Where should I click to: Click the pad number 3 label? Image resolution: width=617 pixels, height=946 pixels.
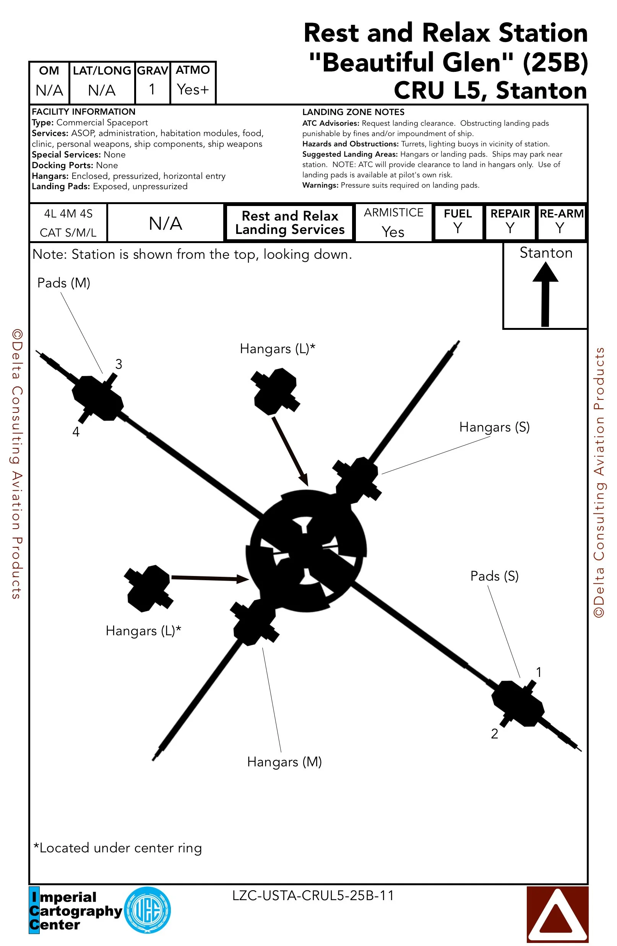tap(119, 364)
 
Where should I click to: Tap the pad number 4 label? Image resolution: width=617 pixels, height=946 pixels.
tap(76, 432)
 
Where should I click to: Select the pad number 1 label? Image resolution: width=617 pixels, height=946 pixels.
tap(538, 672)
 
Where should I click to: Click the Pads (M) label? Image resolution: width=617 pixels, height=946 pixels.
tap(63, 283)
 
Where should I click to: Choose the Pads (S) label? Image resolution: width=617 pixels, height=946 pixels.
tap(494, 576)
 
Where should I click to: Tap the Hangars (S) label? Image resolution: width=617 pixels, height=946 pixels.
tap(494, 427)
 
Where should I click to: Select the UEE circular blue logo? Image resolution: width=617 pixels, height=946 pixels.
tap(148, 910)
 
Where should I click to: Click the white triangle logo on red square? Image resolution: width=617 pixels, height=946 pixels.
tap(557, 914)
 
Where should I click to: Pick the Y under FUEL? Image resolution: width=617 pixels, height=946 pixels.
tap(458, 228)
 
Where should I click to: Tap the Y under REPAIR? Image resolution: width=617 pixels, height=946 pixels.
tap(510, 228)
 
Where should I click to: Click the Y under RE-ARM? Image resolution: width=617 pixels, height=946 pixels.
tap(560, 228)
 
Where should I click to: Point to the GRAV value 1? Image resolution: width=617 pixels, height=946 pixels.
tap(152, 89)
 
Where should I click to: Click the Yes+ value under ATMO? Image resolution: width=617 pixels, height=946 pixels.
tap(193, 89)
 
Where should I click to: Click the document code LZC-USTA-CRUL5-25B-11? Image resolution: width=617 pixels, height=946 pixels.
tap(313, 896)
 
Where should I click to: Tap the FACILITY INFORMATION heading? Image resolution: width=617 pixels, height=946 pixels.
tap(83, 112)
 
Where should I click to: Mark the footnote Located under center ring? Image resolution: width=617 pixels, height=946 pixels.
tap(118, 848)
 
